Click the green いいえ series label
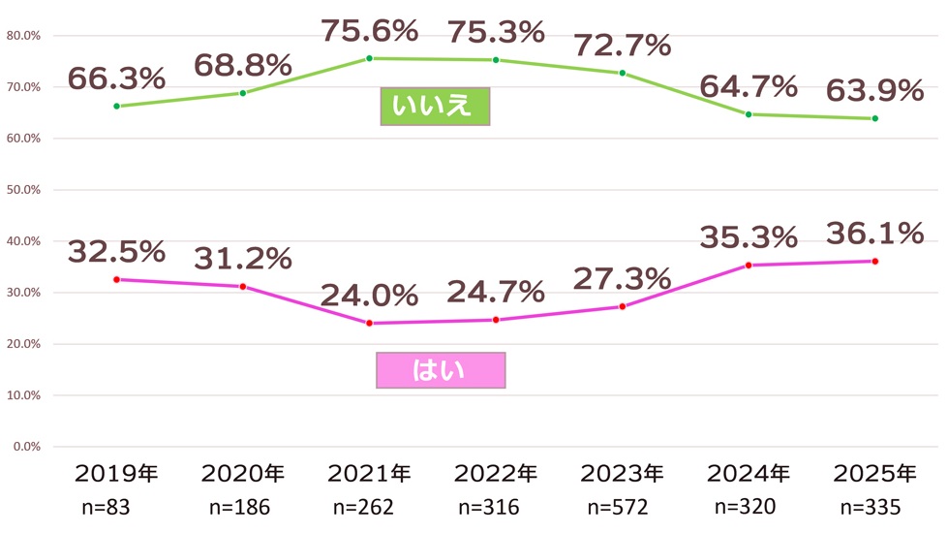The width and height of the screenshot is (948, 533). [436, 107]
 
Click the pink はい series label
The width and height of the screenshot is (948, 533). [441, 369]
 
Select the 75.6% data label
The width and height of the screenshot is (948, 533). [369, 31]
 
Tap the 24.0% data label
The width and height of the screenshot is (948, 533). [369, 294]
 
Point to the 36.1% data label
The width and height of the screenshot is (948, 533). [874, 234]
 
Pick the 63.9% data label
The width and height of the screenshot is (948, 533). [874, 91]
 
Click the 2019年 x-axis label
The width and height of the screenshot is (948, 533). [116, 474]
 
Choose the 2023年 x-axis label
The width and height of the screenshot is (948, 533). [622, 474]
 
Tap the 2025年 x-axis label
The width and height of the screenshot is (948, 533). [874, 474]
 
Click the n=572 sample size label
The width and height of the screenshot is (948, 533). [622, 506]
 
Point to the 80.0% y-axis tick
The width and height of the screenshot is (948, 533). [22, 36]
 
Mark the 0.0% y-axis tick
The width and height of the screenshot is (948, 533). [25, 447]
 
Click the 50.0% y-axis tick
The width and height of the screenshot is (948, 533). [22, 190]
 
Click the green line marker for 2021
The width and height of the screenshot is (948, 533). [369, 58]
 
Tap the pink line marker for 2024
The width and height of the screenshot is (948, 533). [749, 265]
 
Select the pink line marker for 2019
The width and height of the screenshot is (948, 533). [116, 279]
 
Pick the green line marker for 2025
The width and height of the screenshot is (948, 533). [874, 118]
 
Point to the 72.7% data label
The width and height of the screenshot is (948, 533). [622, 45]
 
